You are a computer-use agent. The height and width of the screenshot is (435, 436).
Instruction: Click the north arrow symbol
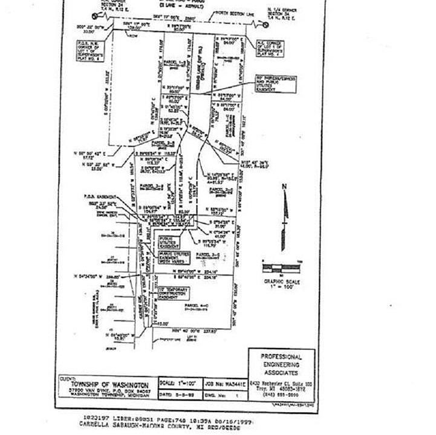click(x=286, y=203)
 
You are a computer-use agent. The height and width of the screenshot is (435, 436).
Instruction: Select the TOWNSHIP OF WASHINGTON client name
click(x=109, y=384)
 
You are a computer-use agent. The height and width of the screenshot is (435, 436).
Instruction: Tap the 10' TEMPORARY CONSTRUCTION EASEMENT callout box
click(x=173, y=295)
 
